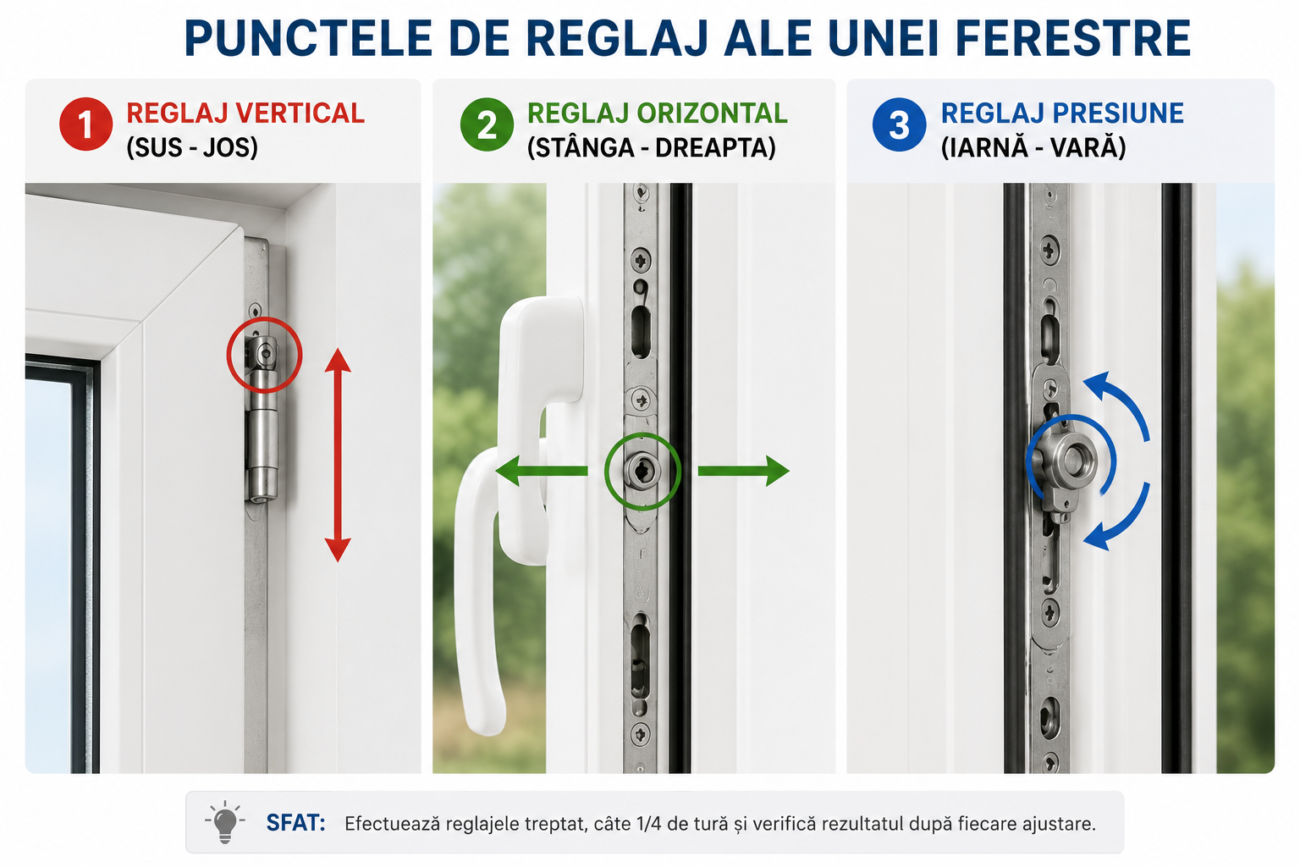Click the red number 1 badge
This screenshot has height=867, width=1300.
click(x=85, y=124)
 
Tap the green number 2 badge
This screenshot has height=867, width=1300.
click(x=487, y=124)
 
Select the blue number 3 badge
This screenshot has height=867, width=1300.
click(x=899, y=124)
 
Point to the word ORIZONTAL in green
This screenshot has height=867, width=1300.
click(x=712, y=113)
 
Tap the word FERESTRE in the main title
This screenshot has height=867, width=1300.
click(x=1073, y=38)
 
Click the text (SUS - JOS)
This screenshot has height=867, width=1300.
click(x=192, y=147)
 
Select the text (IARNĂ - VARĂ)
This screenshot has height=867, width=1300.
click(x=1033, y=147)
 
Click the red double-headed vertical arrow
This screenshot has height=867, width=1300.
click(x=338, y=456)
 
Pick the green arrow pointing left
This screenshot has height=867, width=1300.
click(x=541, y=471)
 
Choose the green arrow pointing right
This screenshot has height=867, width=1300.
click(x=743, y=471)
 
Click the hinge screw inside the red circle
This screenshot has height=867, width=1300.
click(x=265, y=352)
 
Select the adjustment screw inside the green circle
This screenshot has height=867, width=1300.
click(x=642, y=471)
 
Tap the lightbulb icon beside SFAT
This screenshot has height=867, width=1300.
click(x=224, y=822)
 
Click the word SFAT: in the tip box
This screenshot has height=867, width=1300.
click(x=295, y=823)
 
